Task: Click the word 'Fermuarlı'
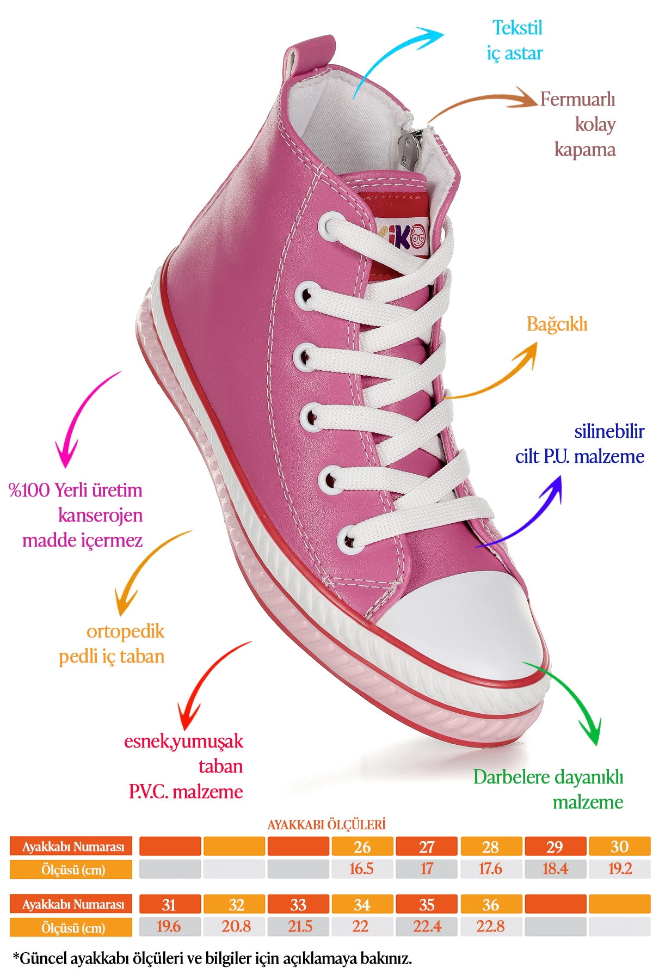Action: coord(577,100)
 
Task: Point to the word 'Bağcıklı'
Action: coord(557,324)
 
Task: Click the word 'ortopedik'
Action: coord(125,632)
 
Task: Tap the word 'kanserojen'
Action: coord(100,515)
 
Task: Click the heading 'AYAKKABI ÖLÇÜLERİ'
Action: coord(326,825)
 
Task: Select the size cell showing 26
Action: coord(362,847)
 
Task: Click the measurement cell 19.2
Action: coord(620,869)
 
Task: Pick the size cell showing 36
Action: coord(491,905)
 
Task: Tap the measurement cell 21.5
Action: coord(298,927)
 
